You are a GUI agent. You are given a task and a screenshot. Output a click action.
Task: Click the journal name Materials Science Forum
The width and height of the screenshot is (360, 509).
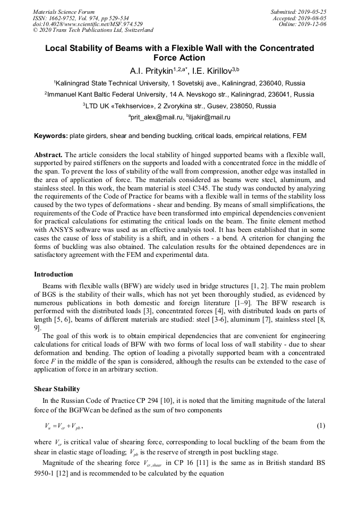coord(64,12)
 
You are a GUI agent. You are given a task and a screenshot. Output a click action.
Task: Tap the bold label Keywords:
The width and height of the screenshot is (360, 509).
coord(51,136)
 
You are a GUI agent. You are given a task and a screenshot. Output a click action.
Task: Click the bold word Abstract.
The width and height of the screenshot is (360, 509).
coord(48,154)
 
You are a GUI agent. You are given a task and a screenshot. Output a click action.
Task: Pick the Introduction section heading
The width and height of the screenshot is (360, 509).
coord(54,274)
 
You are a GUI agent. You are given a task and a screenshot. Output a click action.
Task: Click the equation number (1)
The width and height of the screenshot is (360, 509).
coord(321,426)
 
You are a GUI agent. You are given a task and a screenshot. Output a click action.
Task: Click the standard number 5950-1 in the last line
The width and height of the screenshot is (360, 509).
coord(47,472)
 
